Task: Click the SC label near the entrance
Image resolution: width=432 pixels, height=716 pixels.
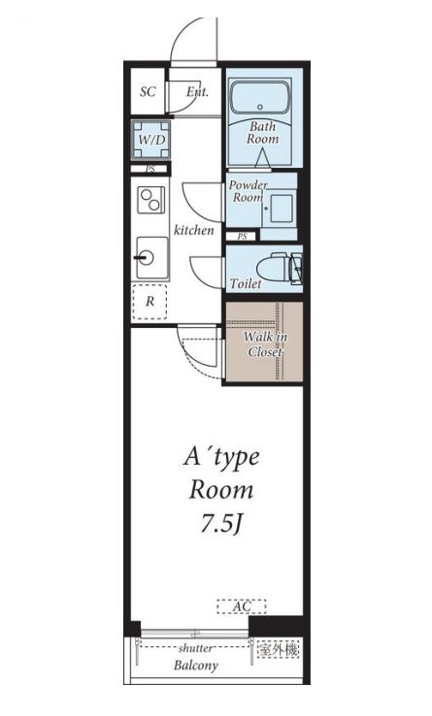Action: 148,92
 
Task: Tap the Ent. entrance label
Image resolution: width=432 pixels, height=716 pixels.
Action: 197,92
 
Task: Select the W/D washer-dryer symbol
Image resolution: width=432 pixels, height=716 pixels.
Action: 151,140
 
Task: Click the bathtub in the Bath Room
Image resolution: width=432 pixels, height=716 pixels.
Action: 259,97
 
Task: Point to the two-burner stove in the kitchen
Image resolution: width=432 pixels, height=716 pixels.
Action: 151,200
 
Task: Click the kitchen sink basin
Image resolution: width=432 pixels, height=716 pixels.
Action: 152,257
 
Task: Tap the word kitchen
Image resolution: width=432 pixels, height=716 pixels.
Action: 194,230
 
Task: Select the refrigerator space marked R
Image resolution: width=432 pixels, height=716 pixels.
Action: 150,302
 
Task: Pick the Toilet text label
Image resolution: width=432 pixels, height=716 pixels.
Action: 246,283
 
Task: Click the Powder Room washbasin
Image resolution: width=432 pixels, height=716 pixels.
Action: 279,210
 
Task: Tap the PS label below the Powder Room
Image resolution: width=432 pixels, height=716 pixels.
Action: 243,237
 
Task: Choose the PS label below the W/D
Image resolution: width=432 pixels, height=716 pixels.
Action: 150,169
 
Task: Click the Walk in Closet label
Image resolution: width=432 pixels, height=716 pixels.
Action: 265,344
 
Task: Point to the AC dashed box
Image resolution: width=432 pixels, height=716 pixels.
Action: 242,606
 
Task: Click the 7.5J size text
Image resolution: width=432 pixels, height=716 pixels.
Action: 220,524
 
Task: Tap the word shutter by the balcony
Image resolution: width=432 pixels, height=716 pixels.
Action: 195,648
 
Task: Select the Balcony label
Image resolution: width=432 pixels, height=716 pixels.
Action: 196,666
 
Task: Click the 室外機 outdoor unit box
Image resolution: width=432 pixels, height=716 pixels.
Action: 278,649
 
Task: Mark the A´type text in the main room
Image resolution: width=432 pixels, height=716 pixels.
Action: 221,458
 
